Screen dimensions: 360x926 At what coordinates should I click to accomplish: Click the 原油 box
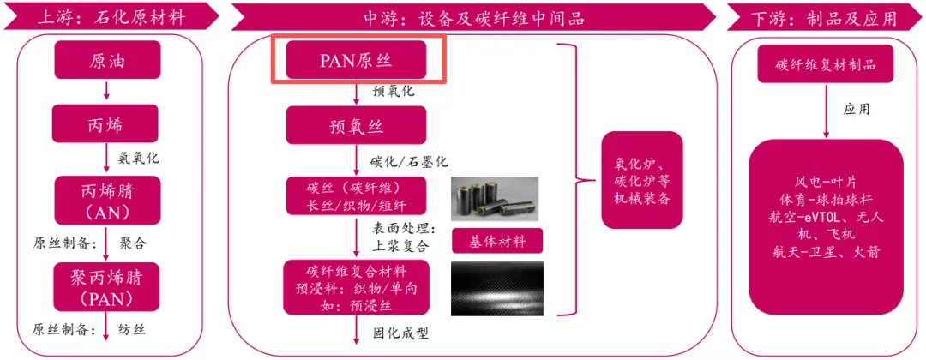(x=105, y=61)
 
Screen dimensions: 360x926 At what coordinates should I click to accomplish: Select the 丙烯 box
(x=105, y=123)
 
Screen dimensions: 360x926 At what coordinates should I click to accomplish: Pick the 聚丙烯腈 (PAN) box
(x=105, y=287)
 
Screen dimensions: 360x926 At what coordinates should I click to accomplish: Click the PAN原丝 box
(x=355, y=61)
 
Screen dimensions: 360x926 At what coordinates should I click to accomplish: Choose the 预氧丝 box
(x=355, y=127)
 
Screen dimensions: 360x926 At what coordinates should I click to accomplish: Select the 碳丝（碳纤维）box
(x=355, y=196)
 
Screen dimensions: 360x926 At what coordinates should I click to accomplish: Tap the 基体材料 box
(x=495, y=240)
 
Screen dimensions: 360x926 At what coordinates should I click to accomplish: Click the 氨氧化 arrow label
(x=138, y=159)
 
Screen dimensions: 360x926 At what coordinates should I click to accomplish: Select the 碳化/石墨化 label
(x=409, y=161)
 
